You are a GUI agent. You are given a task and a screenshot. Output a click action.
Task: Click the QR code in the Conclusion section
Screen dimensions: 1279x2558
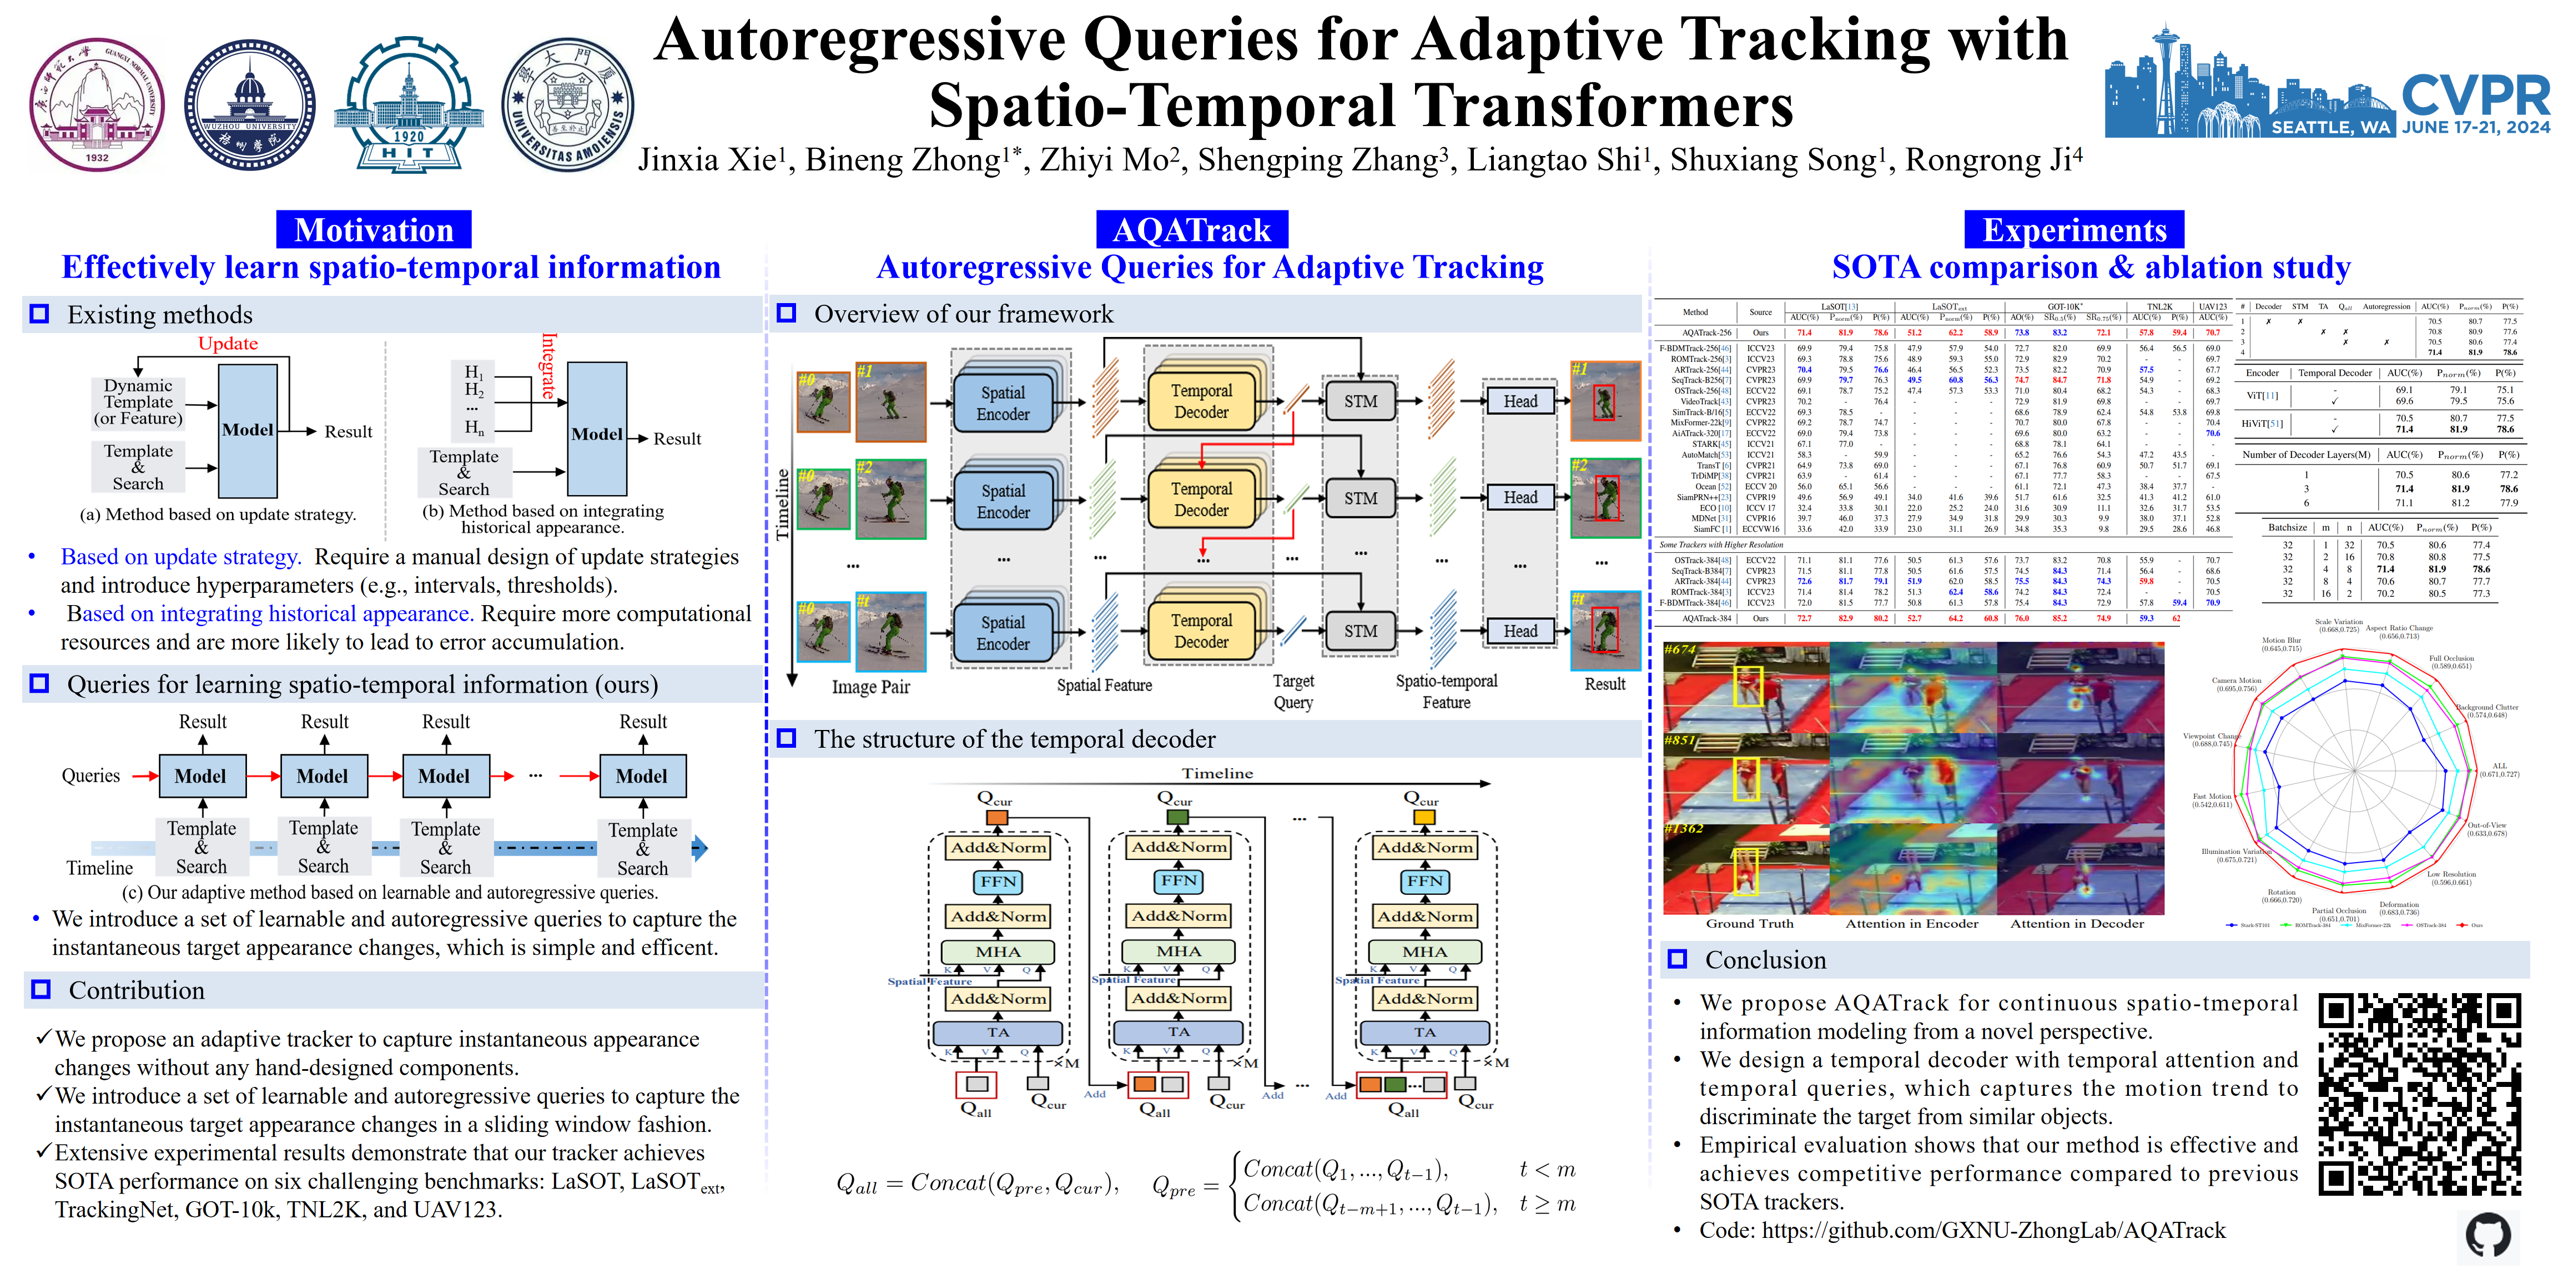coord(2419,1093)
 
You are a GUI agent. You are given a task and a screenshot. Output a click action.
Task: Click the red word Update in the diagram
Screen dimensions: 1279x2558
coord(228,344)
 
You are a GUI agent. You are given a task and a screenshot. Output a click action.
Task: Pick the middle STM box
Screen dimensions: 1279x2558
coord(1361,498)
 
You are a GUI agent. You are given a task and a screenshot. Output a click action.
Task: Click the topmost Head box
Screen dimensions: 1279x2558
coord(1519,401)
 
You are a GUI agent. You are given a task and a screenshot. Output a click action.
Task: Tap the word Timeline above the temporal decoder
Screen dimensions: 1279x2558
coord(1217,773)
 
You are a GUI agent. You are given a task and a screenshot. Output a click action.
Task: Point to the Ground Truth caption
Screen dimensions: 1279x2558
coord(1750,924)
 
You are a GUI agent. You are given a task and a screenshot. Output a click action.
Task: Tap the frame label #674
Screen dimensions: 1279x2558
coord(1680,649)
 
